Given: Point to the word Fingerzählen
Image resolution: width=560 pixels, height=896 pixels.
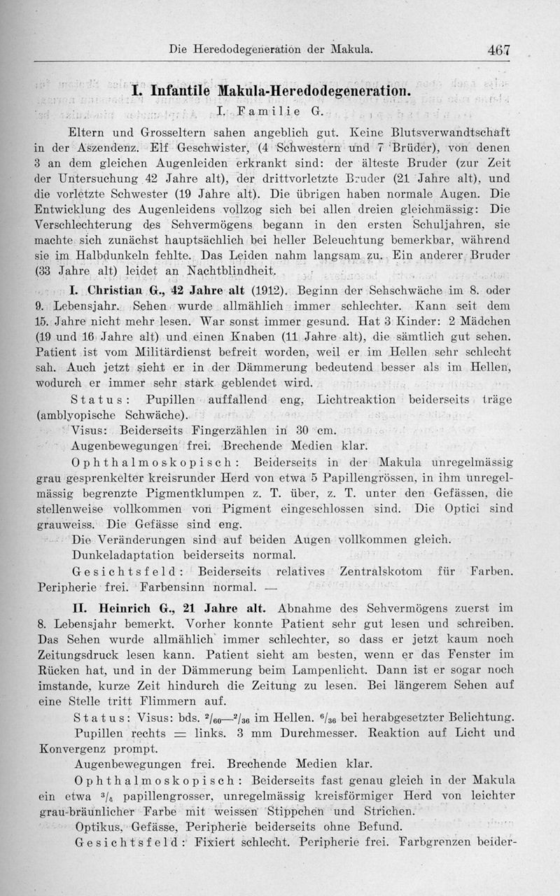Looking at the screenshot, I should coord(232,430).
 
